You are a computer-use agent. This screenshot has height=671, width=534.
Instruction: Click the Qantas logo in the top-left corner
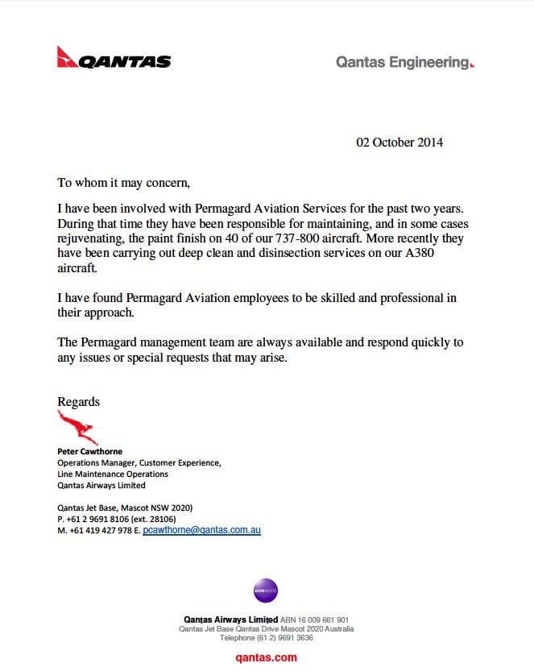(114, 60)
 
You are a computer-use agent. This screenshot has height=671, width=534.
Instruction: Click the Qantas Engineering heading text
(404, 62)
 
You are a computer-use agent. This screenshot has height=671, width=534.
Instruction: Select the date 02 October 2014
(399, 143)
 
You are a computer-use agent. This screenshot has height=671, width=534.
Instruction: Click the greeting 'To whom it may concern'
(123, 183)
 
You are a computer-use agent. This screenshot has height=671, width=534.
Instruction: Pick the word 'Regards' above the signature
(78, 401)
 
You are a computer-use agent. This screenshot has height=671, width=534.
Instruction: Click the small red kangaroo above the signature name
(77, 427)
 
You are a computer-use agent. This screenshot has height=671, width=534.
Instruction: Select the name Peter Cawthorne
(89, 452)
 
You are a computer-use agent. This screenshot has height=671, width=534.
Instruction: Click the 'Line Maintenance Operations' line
(112, 474)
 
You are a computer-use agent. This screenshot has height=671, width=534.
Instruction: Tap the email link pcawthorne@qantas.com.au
(201, 530)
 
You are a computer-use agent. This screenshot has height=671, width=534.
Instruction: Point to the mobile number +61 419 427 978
(101, 531)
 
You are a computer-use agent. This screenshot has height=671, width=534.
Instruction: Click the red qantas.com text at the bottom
(266, 657)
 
